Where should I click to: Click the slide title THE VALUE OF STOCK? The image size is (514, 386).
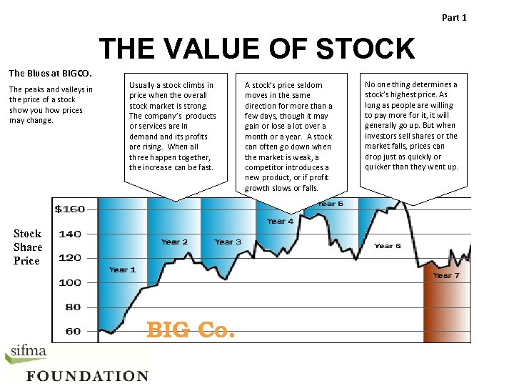click(x=256, y=49)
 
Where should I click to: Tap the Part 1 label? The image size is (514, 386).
click(x=454, y=17)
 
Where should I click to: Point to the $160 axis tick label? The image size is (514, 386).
click(x=70, y=209)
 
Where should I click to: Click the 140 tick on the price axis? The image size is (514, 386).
click(x=70, y=234)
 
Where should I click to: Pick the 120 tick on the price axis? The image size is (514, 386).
click(x=70, y=258)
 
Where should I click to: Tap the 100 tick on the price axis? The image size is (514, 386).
click(x=70, y=282)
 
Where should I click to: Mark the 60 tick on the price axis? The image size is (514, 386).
click(x=73, y=331)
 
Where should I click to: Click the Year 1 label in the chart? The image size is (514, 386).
click(x=122, y=269)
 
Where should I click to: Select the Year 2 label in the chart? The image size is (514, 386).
click(x=174, y=242)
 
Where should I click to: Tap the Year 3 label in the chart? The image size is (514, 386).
click(x=227, y=242)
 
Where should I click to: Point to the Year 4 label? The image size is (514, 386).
click(x=280, y=222)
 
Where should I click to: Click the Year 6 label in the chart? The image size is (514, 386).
click(x=388, y=246)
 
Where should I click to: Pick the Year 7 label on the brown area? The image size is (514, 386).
click(x=447, y=275)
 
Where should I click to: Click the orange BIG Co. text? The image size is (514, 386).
click(x=190, y=330)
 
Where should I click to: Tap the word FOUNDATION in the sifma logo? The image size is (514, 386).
click(x=88, y=376)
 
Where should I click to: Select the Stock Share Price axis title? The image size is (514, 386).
click(x=28, y=247)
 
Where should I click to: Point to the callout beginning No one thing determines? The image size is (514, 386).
click(x=412, y=126)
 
